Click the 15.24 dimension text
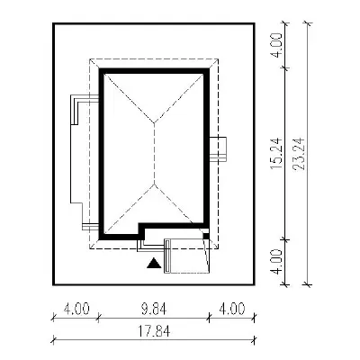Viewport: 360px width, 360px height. tap(276, 153)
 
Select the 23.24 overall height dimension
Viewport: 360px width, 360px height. tap(299, 154)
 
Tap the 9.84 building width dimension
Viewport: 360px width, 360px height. tap(154, 309)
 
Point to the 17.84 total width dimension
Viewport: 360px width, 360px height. tap(154, 331)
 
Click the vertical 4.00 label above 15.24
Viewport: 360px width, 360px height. tap(276, 45)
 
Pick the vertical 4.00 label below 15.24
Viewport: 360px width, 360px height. tap(276, 262)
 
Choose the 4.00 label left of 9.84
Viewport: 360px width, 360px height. tap(76, 309)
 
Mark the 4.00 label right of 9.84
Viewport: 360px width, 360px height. tap(232, 309)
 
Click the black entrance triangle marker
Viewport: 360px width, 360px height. tap(154, 263)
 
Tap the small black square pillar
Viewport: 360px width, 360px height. tap(206, 236)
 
